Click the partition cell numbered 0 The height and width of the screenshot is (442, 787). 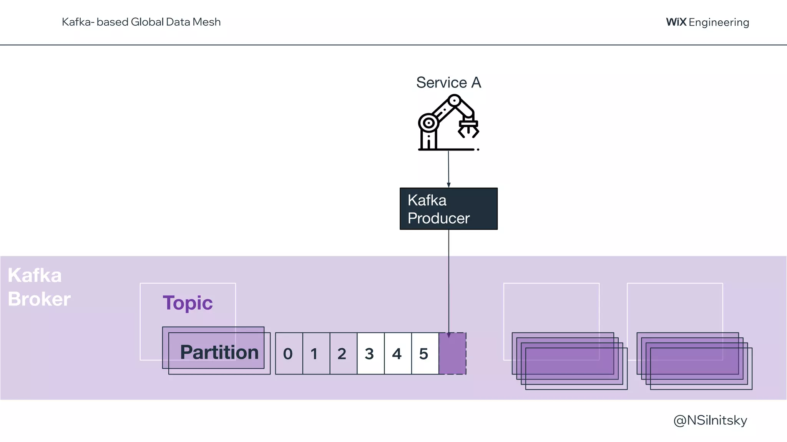click(x=289, y=353)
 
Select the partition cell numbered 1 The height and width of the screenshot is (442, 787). click(x=316, y=353)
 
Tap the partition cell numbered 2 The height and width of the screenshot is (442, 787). click(x=343, y=353)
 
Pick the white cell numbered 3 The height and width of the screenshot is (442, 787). click(x=370, y=353)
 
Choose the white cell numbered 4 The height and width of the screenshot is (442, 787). click(x=398, y=353)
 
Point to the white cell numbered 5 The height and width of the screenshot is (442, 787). click(x=425, y=353)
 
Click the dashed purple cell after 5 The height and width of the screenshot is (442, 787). click(x=452, y=353)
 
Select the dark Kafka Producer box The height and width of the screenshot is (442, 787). click(x=448, y=209)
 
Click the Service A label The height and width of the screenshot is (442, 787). click(x=448, y=82)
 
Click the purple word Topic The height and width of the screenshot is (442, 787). click(x=188, y=303)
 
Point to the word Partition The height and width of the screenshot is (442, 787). click(x=219, y=352)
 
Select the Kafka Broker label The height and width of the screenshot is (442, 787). click(x=39, y=287)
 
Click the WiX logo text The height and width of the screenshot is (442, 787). click(x=676, y=22)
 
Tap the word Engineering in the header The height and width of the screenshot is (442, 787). click(x=719, y=23)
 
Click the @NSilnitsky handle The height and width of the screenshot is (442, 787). click(x=710, y=421)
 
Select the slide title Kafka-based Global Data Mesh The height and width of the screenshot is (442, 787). click(x=141, y=22)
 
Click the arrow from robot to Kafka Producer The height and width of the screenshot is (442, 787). click(x=448, y=169)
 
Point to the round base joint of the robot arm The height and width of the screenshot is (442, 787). click(x=428, y=124)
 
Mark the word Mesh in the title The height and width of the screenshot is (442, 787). click(x=206, y=22)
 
